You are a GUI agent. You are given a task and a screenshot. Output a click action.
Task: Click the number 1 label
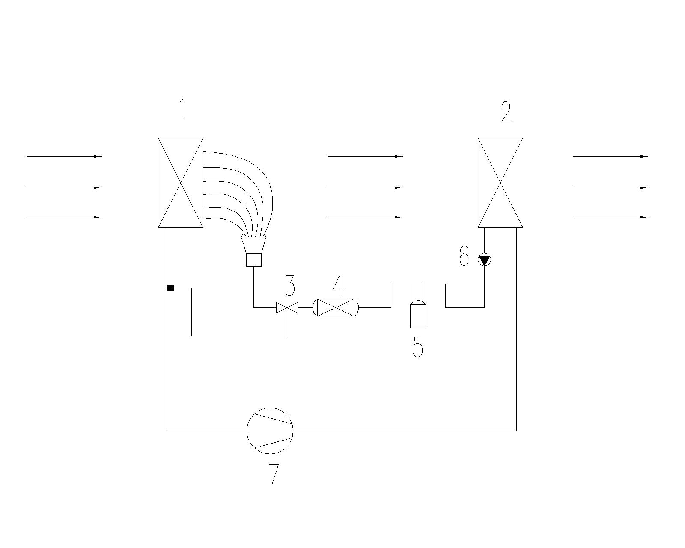tap(183, 108)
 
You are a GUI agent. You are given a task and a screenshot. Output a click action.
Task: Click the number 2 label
tap(506, 112)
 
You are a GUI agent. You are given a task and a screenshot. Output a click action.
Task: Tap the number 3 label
tap(290, 286)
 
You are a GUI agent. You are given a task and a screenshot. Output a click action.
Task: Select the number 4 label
tap(338, 285)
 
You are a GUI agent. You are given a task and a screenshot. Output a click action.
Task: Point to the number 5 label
tap(418, 347)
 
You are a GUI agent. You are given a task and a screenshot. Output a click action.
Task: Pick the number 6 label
tap(464, 256)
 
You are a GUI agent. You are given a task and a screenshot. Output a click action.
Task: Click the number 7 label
tap(274, 474)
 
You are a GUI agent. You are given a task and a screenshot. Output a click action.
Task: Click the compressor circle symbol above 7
tap(270, 430)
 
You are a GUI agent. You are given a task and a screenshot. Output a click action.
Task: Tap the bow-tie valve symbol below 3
tap(287, 307)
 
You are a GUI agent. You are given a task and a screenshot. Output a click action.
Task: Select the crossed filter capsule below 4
tap(336, 307)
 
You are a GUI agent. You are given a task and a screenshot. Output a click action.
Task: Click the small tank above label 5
tap(418, 315)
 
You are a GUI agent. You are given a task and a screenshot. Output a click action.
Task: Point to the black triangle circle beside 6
tap(484, 259)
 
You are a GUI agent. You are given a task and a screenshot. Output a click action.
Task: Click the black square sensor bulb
tap(170, 288)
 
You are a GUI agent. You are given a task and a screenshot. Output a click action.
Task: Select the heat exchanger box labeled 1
tap(180, 182)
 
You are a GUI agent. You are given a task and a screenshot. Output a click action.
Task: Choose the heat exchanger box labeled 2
tap(500, 182)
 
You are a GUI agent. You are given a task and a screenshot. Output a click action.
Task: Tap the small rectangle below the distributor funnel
tap(254, 259)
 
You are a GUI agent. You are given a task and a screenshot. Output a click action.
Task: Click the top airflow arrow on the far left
tap(64, 156)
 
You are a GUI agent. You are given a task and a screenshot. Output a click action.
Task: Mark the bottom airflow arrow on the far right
tap(611, 217)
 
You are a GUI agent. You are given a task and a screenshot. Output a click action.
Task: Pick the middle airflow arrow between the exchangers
tap(365, 188)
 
